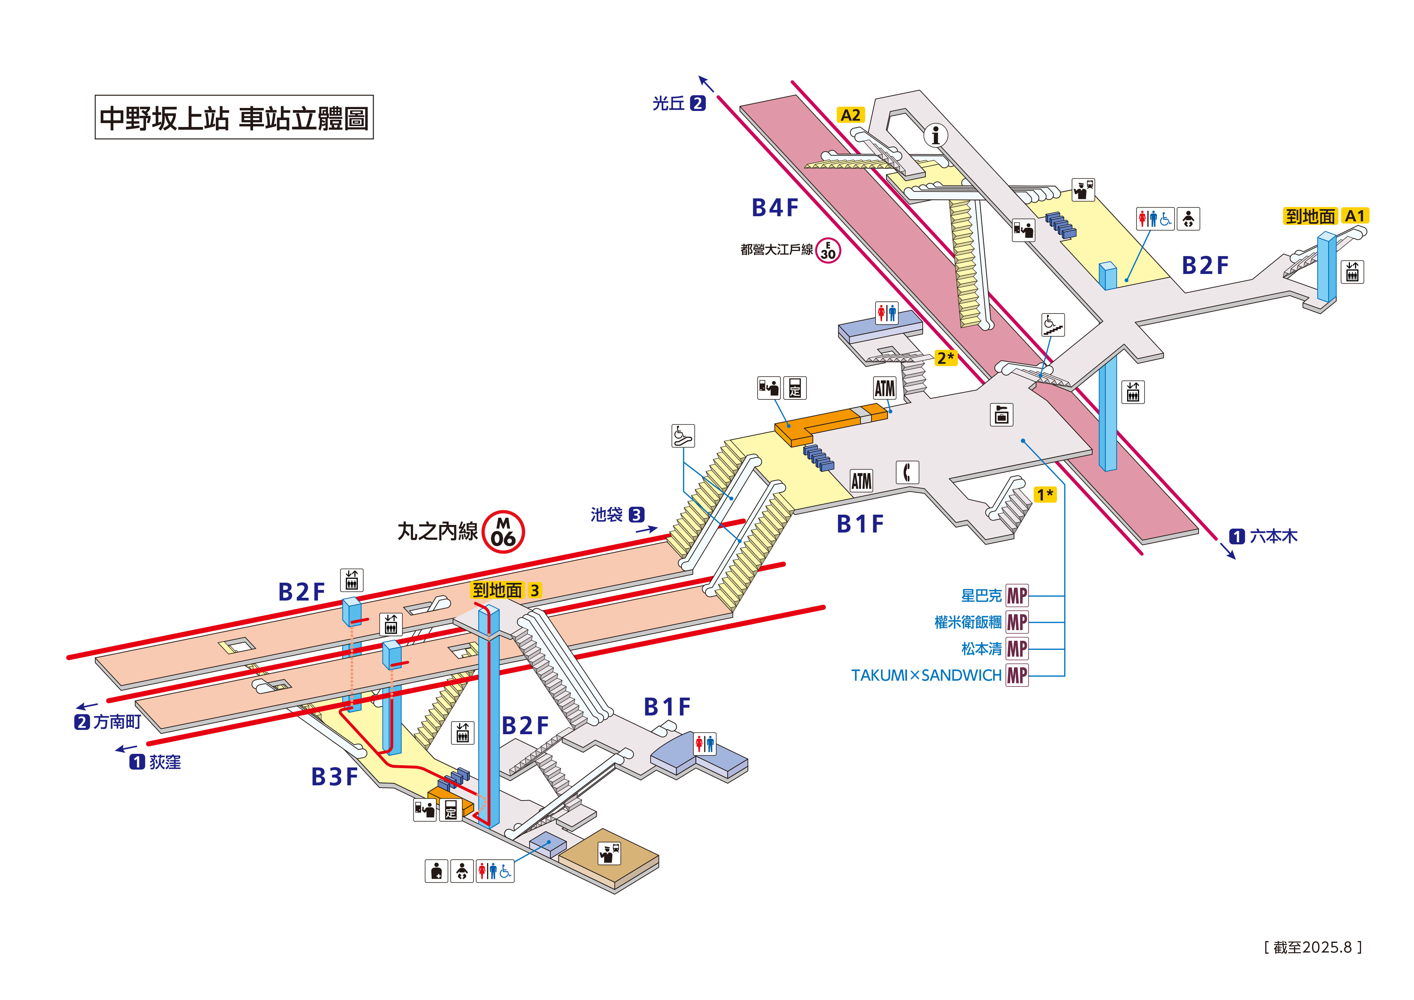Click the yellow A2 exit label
[850, 115]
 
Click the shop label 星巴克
[981, 596]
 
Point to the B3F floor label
[334, 777]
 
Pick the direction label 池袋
[606, 514]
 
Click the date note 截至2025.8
[1312, 947]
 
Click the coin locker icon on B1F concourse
[1001, 415]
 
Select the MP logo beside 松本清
[1017, 649]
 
